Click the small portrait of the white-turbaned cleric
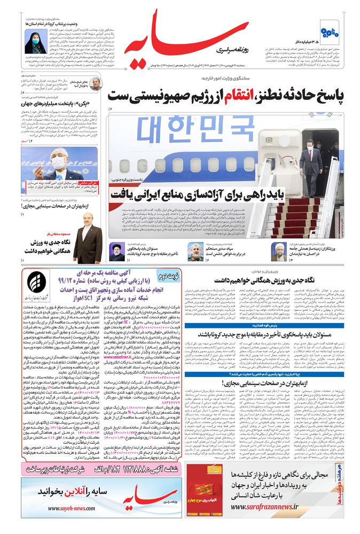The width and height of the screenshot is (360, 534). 278,251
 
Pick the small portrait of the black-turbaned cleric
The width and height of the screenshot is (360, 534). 116,251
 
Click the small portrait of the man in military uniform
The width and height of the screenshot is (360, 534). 196,251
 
